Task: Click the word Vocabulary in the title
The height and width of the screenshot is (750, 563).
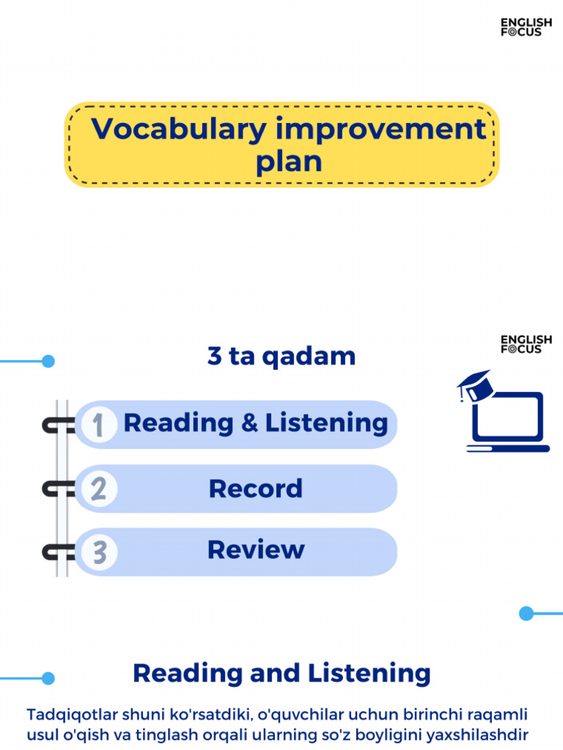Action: (178, 130)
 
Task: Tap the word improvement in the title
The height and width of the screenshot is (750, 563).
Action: (380, 130)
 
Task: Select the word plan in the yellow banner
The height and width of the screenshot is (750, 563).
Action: (289, 162)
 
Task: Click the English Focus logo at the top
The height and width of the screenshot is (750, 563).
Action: (526, 27)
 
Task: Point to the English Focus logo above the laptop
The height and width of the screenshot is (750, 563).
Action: (526, 344)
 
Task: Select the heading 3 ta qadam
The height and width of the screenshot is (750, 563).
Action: (281, 357)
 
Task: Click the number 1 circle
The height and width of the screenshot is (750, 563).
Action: (98, 424)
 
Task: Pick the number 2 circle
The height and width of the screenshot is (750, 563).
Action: (98, 489)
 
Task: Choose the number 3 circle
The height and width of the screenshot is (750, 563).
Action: (98, 552)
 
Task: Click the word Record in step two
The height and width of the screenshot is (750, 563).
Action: (255, 489)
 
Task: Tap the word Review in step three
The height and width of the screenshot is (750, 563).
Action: (255, 550)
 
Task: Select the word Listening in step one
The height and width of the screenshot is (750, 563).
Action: (326, 423)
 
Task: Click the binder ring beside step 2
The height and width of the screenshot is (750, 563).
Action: (59, 489)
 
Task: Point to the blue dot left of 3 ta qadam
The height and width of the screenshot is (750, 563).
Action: (48, 361)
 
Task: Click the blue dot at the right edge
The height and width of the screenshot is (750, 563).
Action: (526, 613)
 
